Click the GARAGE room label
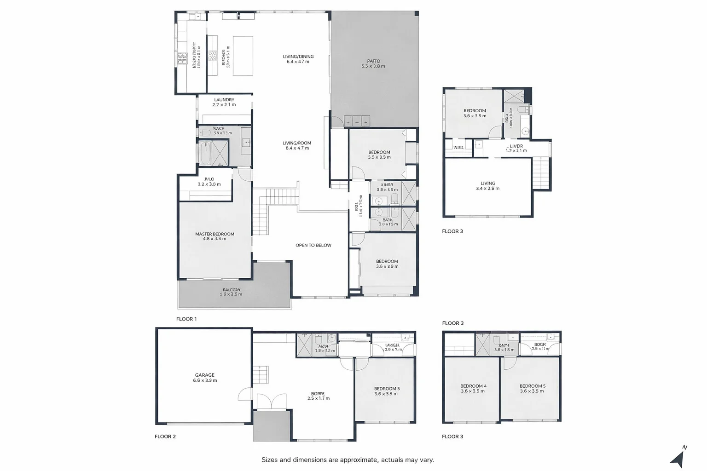point(204,375)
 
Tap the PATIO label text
point(373,61)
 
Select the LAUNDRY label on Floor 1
point(224,100)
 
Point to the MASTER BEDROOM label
point(214,234)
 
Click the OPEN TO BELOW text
point(313,245)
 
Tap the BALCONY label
point(231,290)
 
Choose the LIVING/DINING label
point(298,57)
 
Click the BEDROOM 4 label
point(473,386)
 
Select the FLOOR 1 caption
point(186,319)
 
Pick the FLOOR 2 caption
point(165,437)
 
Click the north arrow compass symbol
point(678,458)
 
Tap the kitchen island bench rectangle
point(243,56)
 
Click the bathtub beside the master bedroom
point(205,153)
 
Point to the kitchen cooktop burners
point(212,56)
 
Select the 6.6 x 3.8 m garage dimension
point(205,381)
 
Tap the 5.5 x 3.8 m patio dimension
point(373,67)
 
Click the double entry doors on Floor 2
point(272,402)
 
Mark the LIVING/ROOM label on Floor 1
point(297,143)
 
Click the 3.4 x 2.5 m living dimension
point(487,189)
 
